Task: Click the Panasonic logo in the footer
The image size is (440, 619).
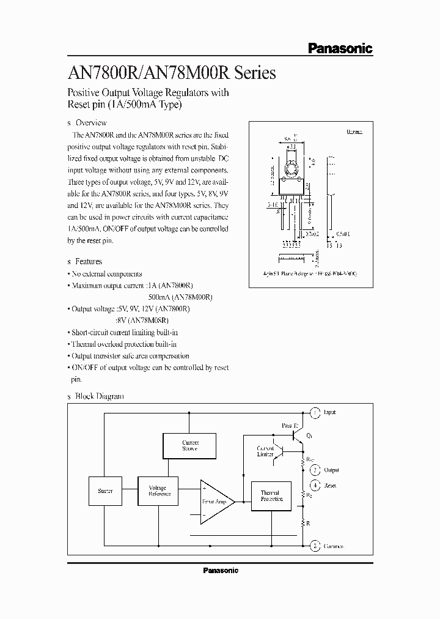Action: click(x=220, y=570)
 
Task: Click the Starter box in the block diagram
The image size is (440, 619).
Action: click(x=105, y=491)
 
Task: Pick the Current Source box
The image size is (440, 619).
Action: click(x=190, y=445)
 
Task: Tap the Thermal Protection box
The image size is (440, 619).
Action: click(x=269, y=495)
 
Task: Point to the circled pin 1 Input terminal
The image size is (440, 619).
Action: click(x=314, y=413)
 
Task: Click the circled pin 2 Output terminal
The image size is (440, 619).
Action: click(x=314, y=470)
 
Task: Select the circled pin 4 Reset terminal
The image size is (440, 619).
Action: click(x=314, y=485)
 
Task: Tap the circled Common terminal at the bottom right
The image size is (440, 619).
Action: click(x=314, y=545)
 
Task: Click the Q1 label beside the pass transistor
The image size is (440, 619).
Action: click(x=309, y=436)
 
